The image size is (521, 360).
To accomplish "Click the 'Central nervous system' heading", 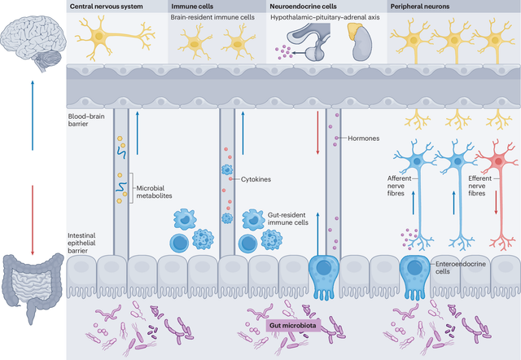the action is click(107, 7).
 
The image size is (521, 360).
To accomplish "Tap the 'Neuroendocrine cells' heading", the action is click(303, 7).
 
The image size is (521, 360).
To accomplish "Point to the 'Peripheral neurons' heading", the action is click(420, 7).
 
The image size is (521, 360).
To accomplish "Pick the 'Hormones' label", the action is click(364, 138).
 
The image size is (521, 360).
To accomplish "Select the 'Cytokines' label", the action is click(256, 179).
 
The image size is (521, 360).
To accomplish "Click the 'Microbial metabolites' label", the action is click(154, 191).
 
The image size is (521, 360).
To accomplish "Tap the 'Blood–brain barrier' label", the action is click(86, 120).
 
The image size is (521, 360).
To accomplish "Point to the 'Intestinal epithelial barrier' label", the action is click(81, 243).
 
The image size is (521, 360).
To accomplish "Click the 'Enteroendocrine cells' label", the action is click(461, 268).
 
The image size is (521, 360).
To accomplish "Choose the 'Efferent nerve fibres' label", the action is click(479, 186).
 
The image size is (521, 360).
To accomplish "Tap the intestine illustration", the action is click(33, 286).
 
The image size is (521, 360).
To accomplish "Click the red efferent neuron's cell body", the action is click(498, 161).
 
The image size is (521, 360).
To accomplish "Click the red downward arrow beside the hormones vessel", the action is click(317, 133).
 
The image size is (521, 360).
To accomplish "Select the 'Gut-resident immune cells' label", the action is click(288, 219).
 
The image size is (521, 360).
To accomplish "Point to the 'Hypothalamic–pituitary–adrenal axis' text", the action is click(325, 17).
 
